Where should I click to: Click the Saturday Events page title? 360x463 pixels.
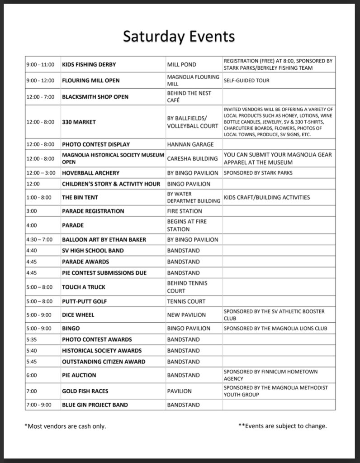point(179,36)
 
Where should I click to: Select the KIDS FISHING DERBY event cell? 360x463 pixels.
point(86,65)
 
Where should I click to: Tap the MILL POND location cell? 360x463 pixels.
point(182,65)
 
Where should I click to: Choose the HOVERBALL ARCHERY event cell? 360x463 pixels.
point(91,173)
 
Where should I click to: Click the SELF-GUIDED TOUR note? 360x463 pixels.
point(246,81)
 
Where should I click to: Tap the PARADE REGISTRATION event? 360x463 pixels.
point(93,211)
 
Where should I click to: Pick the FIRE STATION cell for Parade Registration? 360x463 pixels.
point(185,211)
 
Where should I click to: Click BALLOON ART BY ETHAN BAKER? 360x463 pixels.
point(104,239)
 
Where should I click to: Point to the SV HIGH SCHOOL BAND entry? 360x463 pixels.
point(93,250)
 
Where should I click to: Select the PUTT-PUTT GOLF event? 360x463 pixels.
point(85,301)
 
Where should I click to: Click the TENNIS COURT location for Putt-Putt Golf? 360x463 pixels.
point(186,301)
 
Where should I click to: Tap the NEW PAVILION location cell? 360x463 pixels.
point(186,315)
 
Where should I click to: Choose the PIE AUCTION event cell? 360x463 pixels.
point(79,375)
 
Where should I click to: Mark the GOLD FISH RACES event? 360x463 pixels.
point(85,391)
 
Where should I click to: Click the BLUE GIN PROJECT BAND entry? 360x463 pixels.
point(95,405)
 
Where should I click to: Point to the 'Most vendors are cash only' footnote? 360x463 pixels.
point(66,426)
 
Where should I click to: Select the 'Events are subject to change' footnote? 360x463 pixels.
point(283,426)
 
